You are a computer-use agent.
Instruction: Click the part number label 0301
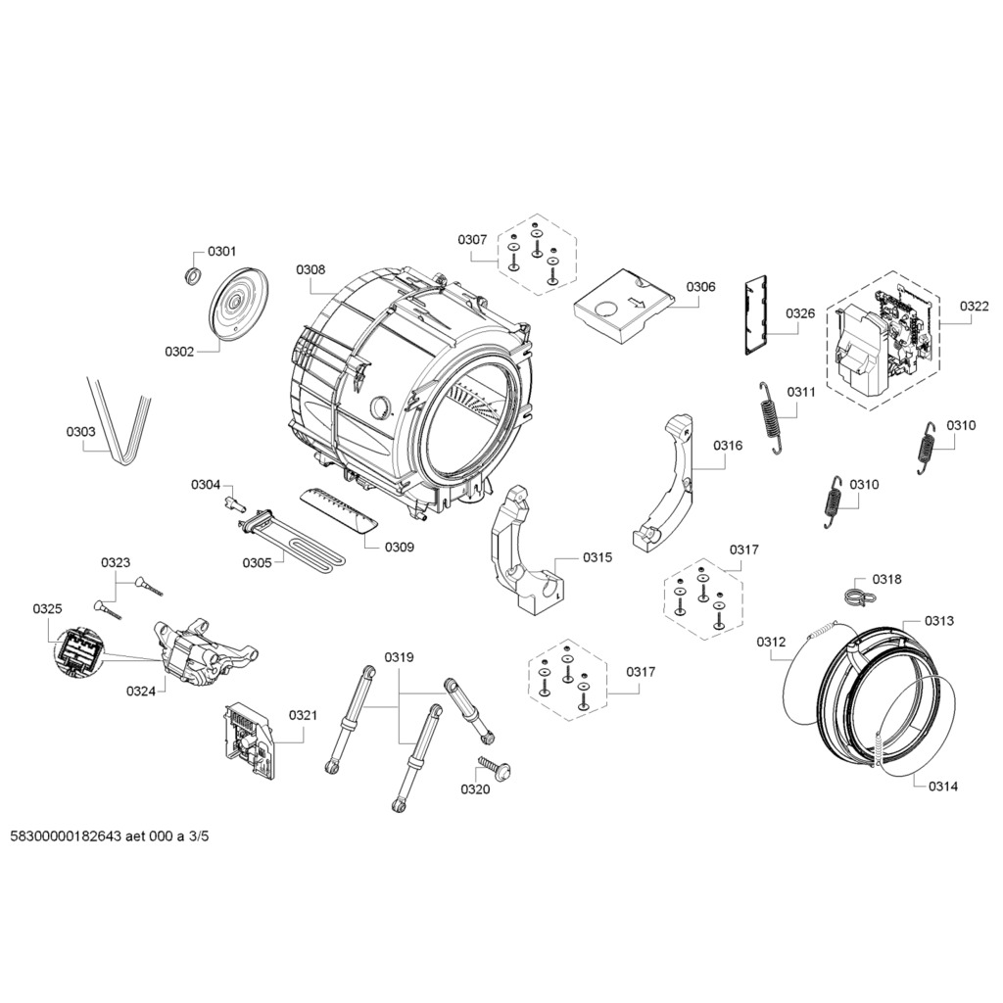point(222,252)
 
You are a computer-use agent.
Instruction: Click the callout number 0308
point(310,269)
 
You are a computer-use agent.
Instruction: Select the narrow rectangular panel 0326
point(755,313)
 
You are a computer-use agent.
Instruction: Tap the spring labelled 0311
point(773,417)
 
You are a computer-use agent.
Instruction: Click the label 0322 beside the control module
point(974,307)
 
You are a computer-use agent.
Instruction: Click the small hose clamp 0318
point(853,594)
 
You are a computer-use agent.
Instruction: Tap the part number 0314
point(944,786)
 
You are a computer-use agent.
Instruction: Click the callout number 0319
point(399,657)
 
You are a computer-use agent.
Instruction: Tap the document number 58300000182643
point(65,836)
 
